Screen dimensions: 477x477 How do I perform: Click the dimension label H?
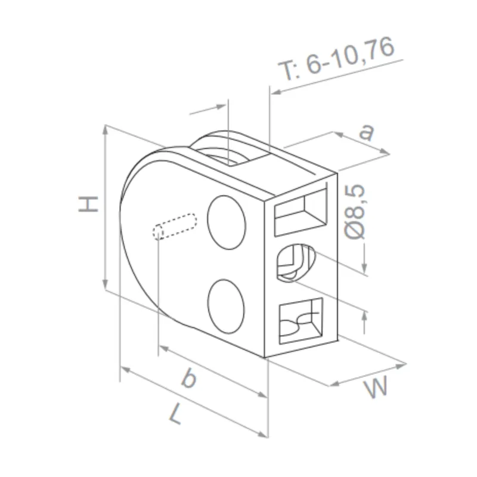tap(88, 204)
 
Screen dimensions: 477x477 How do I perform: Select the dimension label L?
tap(175, 413)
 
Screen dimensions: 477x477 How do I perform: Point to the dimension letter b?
tap(188, 378)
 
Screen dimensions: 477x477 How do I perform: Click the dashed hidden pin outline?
tap(175, 225)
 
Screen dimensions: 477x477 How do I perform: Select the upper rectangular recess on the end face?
tap(302, 212)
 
